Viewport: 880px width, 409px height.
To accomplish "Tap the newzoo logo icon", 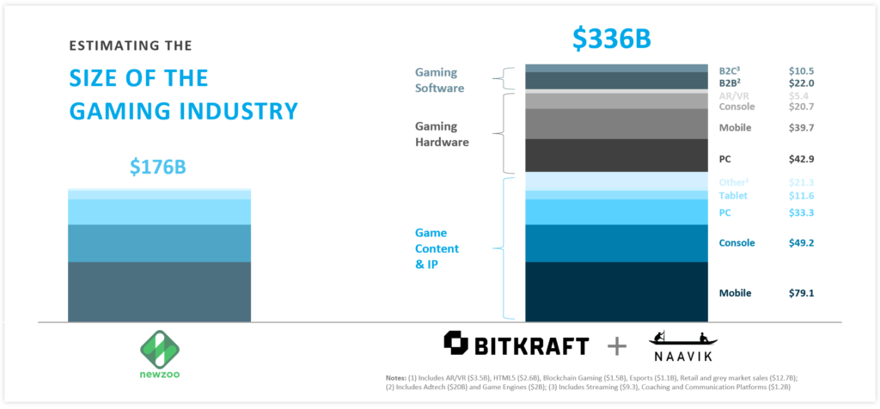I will click(158, 351).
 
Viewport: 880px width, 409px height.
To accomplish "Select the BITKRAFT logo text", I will click(516, 345).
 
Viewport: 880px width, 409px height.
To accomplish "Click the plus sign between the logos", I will click(618, 346).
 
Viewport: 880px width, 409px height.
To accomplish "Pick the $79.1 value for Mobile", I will click(801, 293).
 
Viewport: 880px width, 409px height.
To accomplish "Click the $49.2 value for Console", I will click(801, 243).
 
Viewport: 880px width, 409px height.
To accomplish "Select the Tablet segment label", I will click(733, 197).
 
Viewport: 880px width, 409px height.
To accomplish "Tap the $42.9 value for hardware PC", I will click(801, 159).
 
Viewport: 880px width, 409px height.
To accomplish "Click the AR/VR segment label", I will click(736, 95).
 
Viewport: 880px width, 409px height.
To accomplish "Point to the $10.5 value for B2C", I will click(801, 70).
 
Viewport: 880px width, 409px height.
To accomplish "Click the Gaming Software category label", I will click(437, 81).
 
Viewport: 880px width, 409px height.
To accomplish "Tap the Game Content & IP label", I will click(437, 248).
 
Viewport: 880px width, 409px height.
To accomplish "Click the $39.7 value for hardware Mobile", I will click(801, 128).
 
